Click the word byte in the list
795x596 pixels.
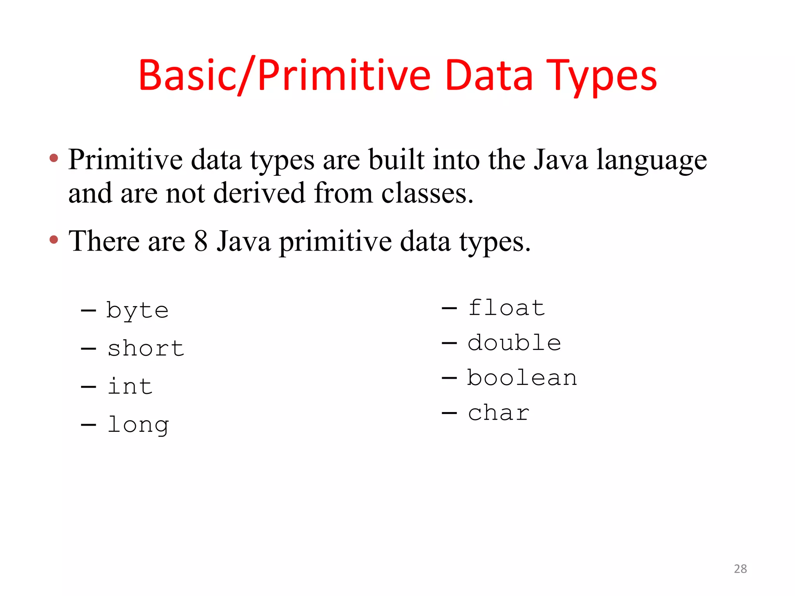[x=137, y=310]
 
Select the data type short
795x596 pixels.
[x=146, y=348]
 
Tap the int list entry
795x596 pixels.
[x=130, y=386]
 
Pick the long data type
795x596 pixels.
[x=138, y=424]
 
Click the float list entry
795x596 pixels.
[x=507, y=308]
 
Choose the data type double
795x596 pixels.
[x=514, y=343]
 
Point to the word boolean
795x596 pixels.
[x=522, y=378]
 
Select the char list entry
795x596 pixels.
[x=499, y=413]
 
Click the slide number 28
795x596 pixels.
[x=740, y=569]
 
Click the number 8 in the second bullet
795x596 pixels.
[x=201, y=241]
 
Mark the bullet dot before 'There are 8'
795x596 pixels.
[x=54, y=239]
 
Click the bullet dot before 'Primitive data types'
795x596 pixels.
[x=54, y=158]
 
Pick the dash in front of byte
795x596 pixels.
[x=89, y=311]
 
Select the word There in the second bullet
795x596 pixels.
[x=104, y=241]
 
